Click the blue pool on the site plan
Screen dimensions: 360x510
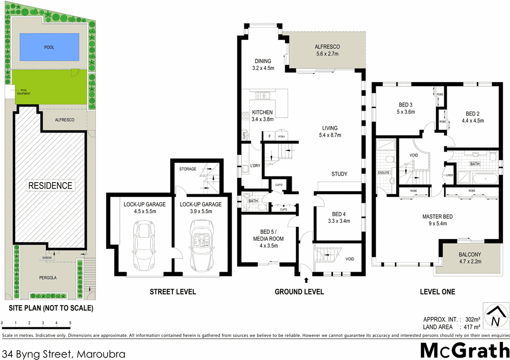pyautogui.click(x=49, y=47)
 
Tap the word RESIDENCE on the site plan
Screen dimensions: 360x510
pyautogui.click(x=50, y=185)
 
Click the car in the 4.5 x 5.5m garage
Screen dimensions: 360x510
pyautogui.click(x=143, y=246)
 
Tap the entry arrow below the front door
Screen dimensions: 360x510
pyautogui.click(x=306, y=280)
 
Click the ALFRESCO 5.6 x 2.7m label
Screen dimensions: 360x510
pyautogui.click(x=327, y=50)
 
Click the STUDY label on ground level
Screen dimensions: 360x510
pyautogui.click(x=339, y=174)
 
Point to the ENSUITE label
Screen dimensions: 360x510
pyautogui.click(x=384, y=172)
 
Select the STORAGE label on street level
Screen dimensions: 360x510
pyautogui.click(x=187, y=169)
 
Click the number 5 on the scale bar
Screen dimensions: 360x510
pyautogui.click(x=70, y=323)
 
